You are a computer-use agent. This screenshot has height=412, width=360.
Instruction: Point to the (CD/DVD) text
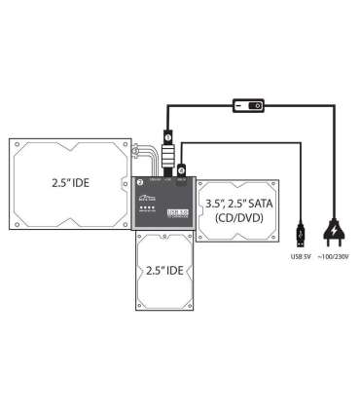point(236,220)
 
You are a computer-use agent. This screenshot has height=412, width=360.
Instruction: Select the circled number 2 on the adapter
point(140,182)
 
